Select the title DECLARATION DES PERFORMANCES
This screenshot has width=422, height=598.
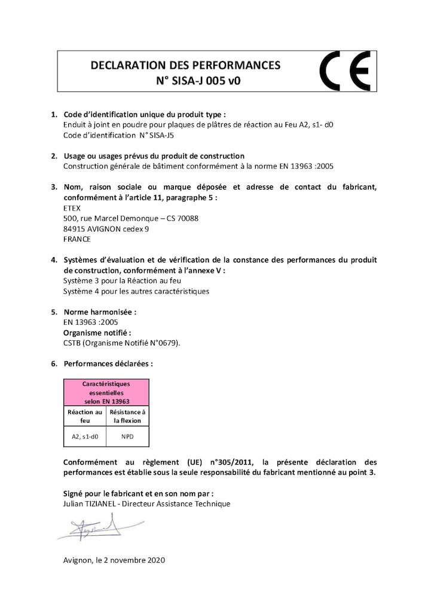click(185, 65)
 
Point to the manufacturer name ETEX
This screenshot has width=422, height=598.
click(72, 208)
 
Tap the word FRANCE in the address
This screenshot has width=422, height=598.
click(77, 239)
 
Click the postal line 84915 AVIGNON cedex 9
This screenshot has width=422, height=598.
click(106, 228)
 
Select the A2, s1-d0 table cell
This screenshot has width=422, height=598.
click(85, 437)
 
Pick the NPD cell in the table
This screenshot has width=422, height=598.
click(127, 437)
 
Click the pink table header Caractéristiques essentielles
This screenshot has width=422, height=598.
click(106, 392)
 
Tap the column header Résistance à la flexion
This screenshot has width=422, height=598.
click(127, 416)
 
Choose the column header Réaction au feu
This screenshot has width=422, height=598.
click(85, 416)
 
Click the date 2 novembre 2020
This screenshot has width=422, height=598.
click(132, 560)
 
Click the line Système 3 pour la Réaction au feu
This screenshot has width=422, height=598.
click(122, 280)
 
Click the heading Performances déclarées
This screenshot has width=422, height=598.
click(108, 363)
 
